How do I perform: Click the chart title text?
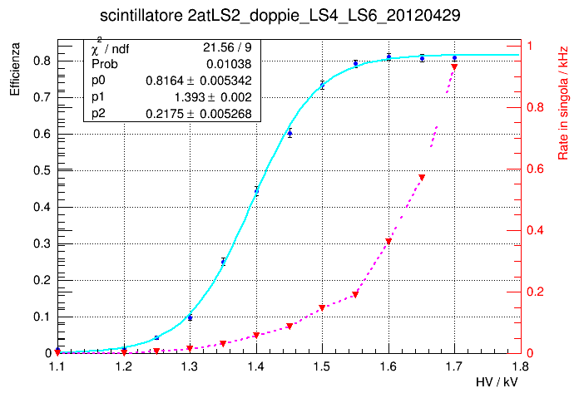pyautogui.click(x=289, y=16)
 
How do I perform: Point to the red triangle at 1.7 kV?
pyautogui.click(x=454, y=66)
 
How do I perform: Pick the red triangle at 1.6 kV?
pyautogui.click(x=388, y=242)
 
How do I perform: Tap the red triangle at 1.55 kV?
pyautogui.click(x=355, y=294)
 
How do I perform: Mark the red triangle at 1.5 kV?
pyautogui.click(x=322, y=308)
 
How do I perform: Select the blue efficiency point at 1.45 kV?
pyautogui.click(x=289, y=133)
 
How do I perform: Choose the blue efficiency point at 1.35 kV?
pyautogui.click(x=223, y=261)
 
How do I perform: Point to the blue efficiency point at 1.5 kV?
pyautogui.click(x=322, y=85)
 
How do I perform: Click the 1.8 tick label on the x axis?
pyautogui.click(x=520, y=364)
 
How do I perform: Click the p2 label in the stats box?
pyautogui.click(x=98, y=113)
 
